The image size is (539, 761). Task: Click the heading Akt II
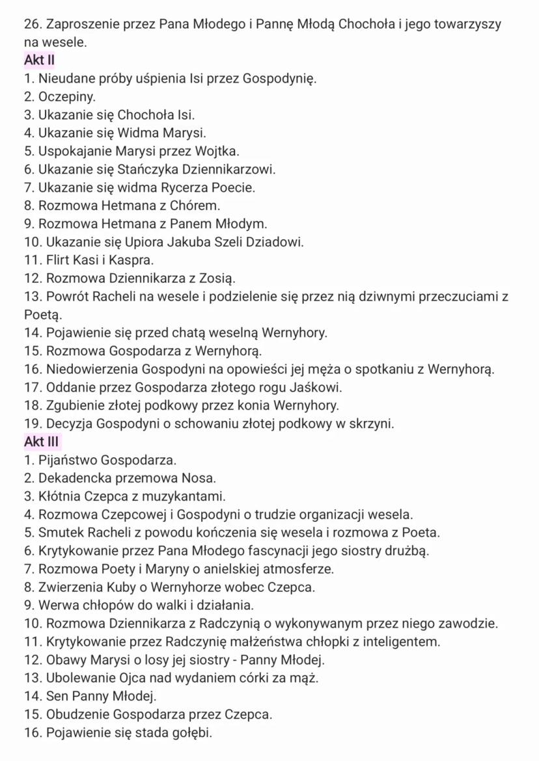(39, 60)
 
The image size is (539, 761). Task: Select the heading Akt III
(42, 442)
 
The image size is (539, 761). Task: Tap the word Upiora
(148, 242)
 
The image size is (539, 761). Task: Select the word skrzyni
(370, 424)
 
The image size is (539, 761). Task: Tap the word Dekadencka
(77, 478)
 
